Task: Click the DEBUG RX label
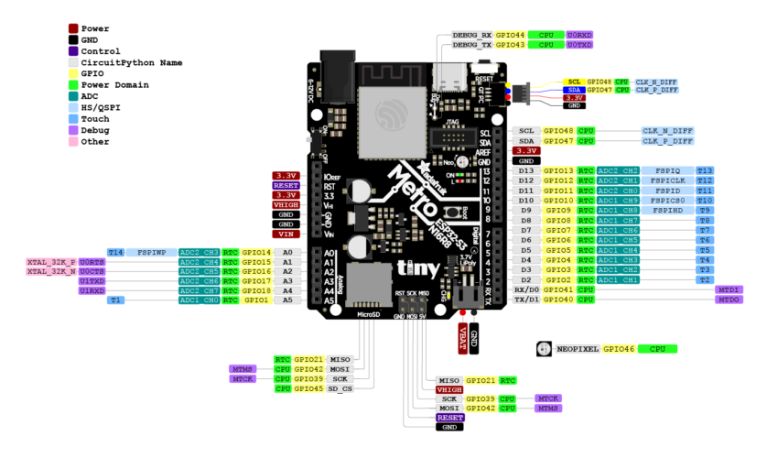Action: pyautogui.click(x=472, y=35)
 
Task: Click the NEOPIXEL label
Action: pyautogui.click(x=577, y=349)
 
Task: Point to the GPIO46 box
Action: pyautogui.click(x=619, y=349)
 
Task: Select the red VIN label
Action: pyautogui.click(x=286, y=234)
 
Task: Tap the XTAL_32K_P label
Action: pyautogui.click(x=51, y=262)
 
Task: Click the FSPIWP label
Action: pyautogui.click(x=151, y=252)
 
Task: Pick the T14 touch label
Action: pyautogui.click(x=115, y=252)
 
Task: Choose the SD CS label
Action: pyautogui.click(x=340, y=388)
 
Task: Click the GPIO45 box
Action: pyautogui.click(x=309, y=388)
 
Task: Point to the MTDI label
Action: pyautogui.click(x=729, y=289)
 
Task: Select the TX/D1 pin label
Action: pyautogui.click(x=526, y=300)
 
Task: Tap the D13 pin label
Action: pyautogui.click(x=526, y=170)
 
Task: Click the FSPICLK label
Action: pyautogui.click(x=667, y=180)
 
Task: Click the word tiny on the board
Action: pyautogui.click(x=417, y=268)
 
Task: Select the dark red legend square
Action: pyautogui.click(x=73, y=28)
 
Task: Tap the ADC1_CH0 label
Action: pyautogui.click(x=199, y=300)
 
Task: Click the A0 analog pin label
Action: pyautogui.click(x=286, y=252)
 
